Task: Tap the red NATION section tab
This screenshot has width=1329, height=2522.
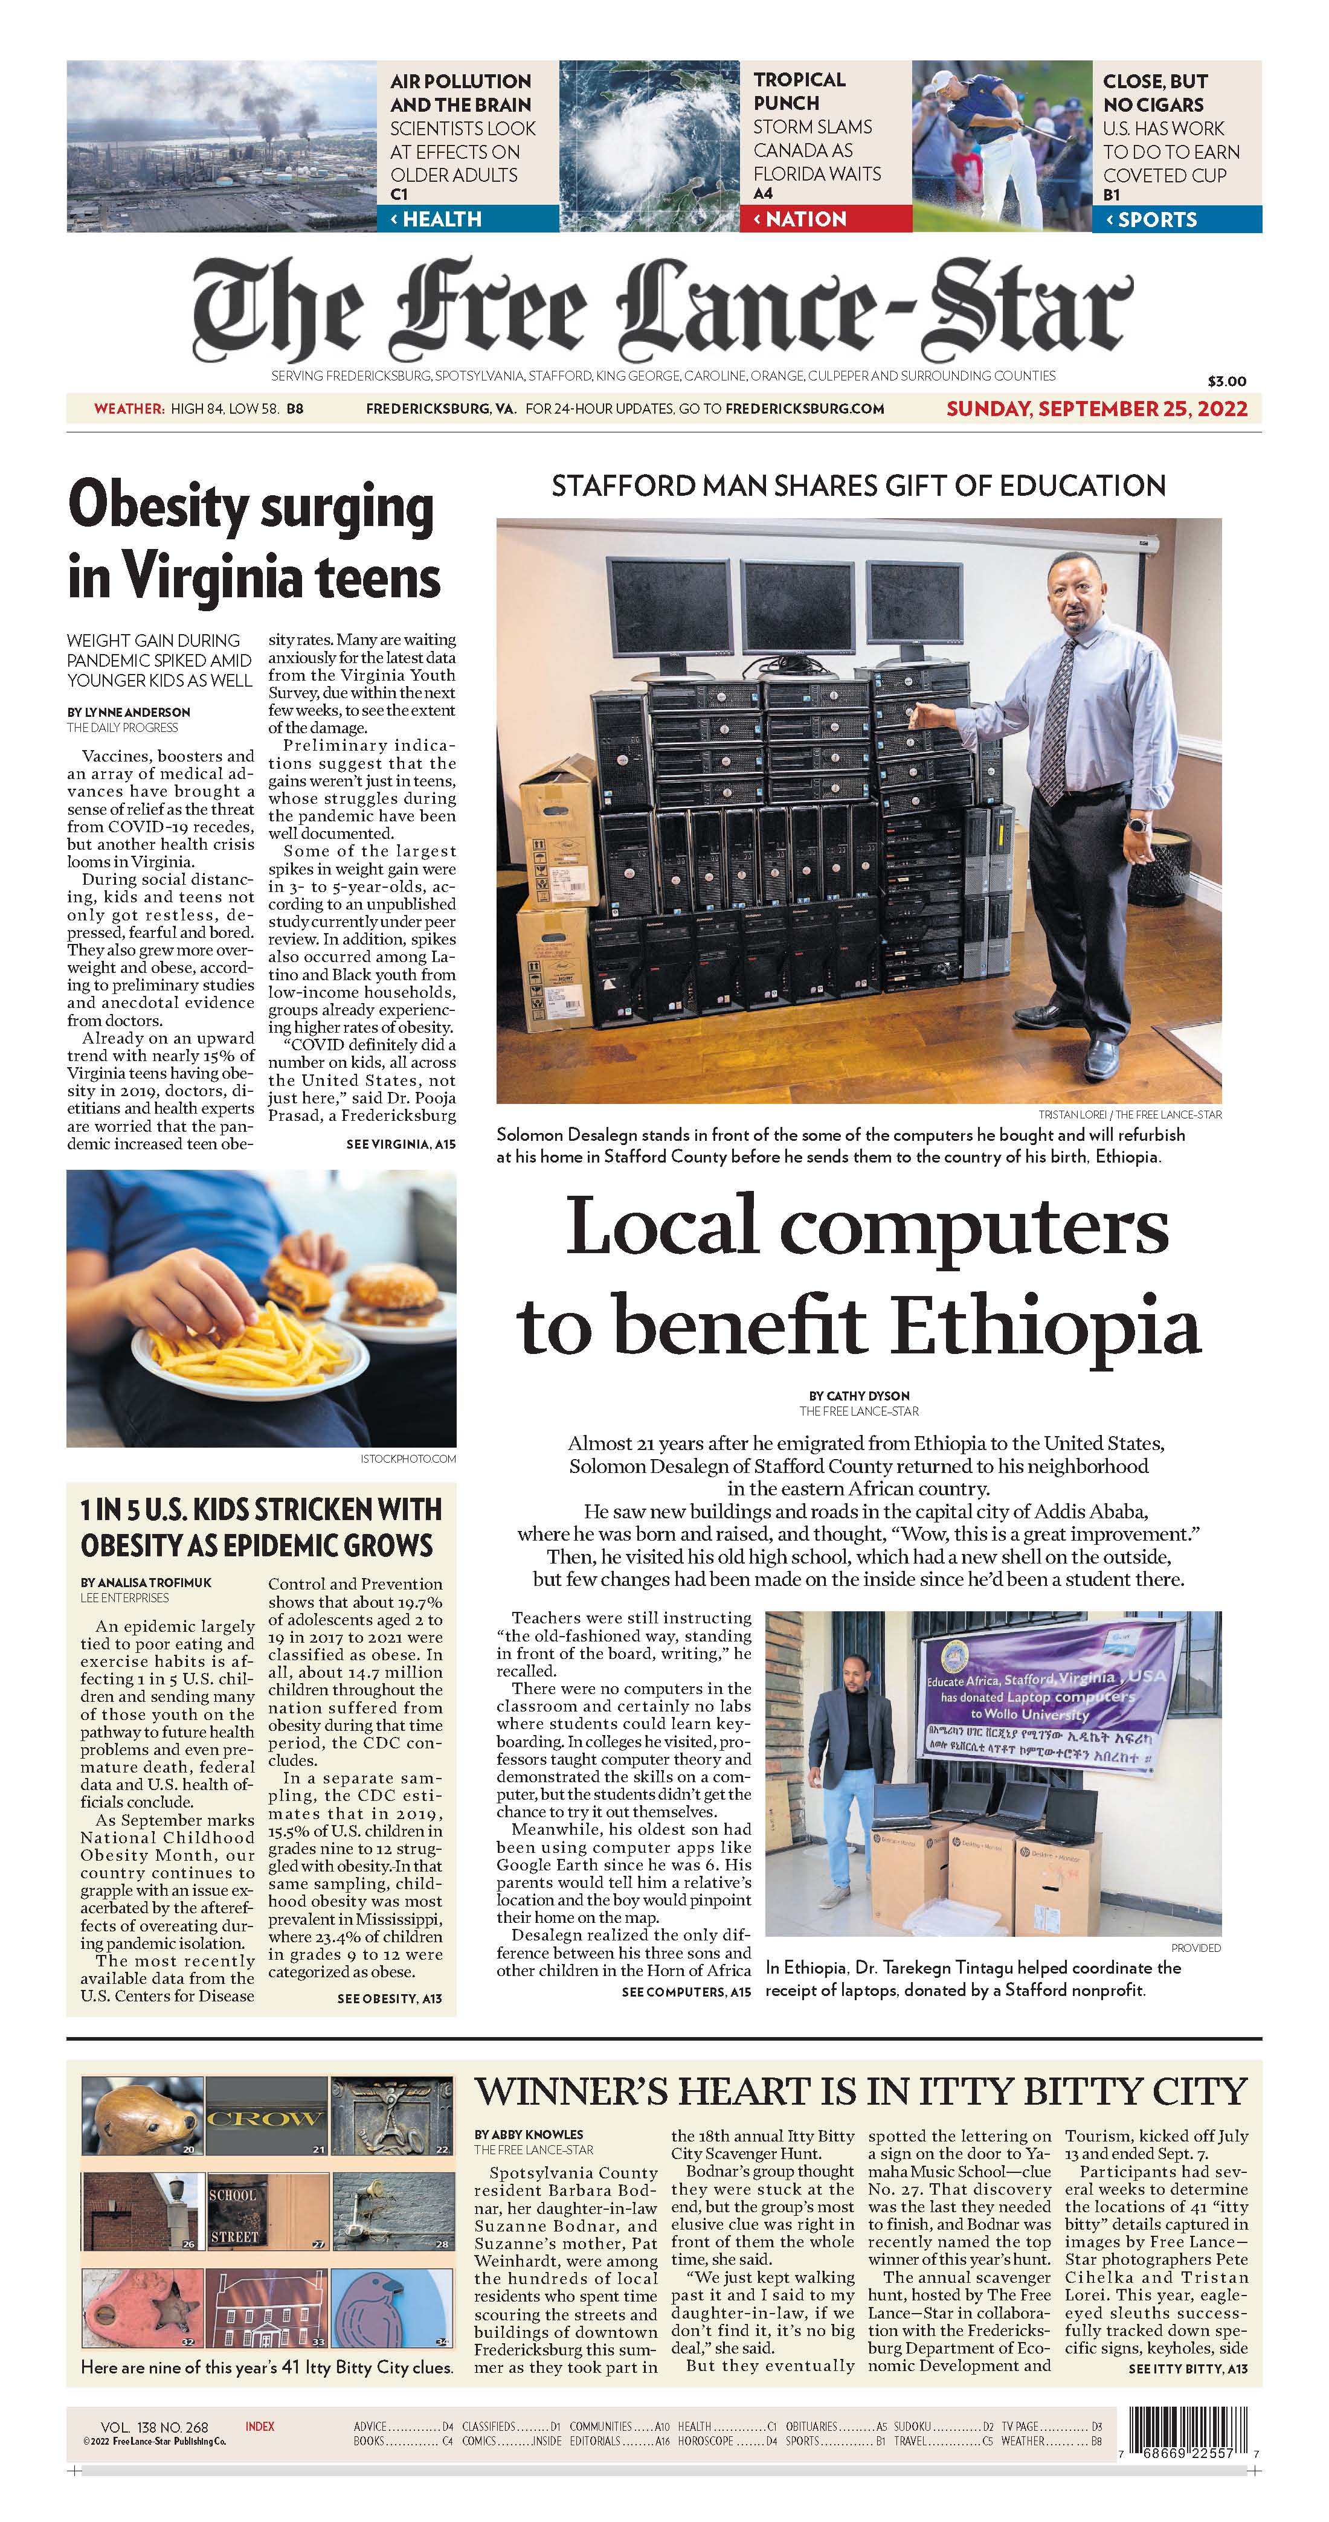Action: point(831,219)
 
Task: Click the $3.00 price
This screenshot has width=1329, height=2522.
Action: point(1226,381)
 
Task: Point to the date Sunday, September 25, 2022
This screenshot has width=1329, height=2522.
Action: point(1096,408)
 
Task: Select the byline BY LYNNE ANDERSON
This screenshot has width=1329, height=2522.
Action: point(128,712)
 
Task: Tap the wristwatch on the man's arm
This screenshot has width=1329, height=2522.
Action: point(1138,824)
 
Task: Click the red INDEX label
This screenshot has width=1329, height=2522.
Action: point(260,2426)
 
